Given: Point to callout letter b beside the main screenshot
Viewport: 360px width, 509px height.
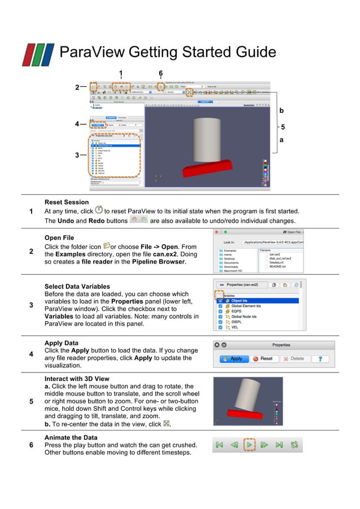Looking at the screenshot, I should pyautogui.click(x=282, y=111).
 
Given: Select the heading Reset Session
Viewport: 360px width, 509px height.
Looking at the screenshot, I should pyautogui.click(x=67, y=202).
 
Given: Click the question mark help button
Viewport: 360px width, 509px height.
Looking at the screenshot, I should pyautogui.click(x=321, y=358).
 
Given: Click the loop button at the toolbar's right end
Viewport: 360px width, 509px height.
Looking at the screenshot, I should pyautogui.click(x=294, y=445).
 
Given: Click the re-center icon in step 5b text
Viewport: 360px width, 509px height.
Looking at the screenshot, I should pyautogui.click(x=166, y=424).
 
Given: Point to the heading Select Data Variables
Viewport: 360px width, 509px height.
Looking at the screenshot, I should pyautogui.click(x=77, y=287).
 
